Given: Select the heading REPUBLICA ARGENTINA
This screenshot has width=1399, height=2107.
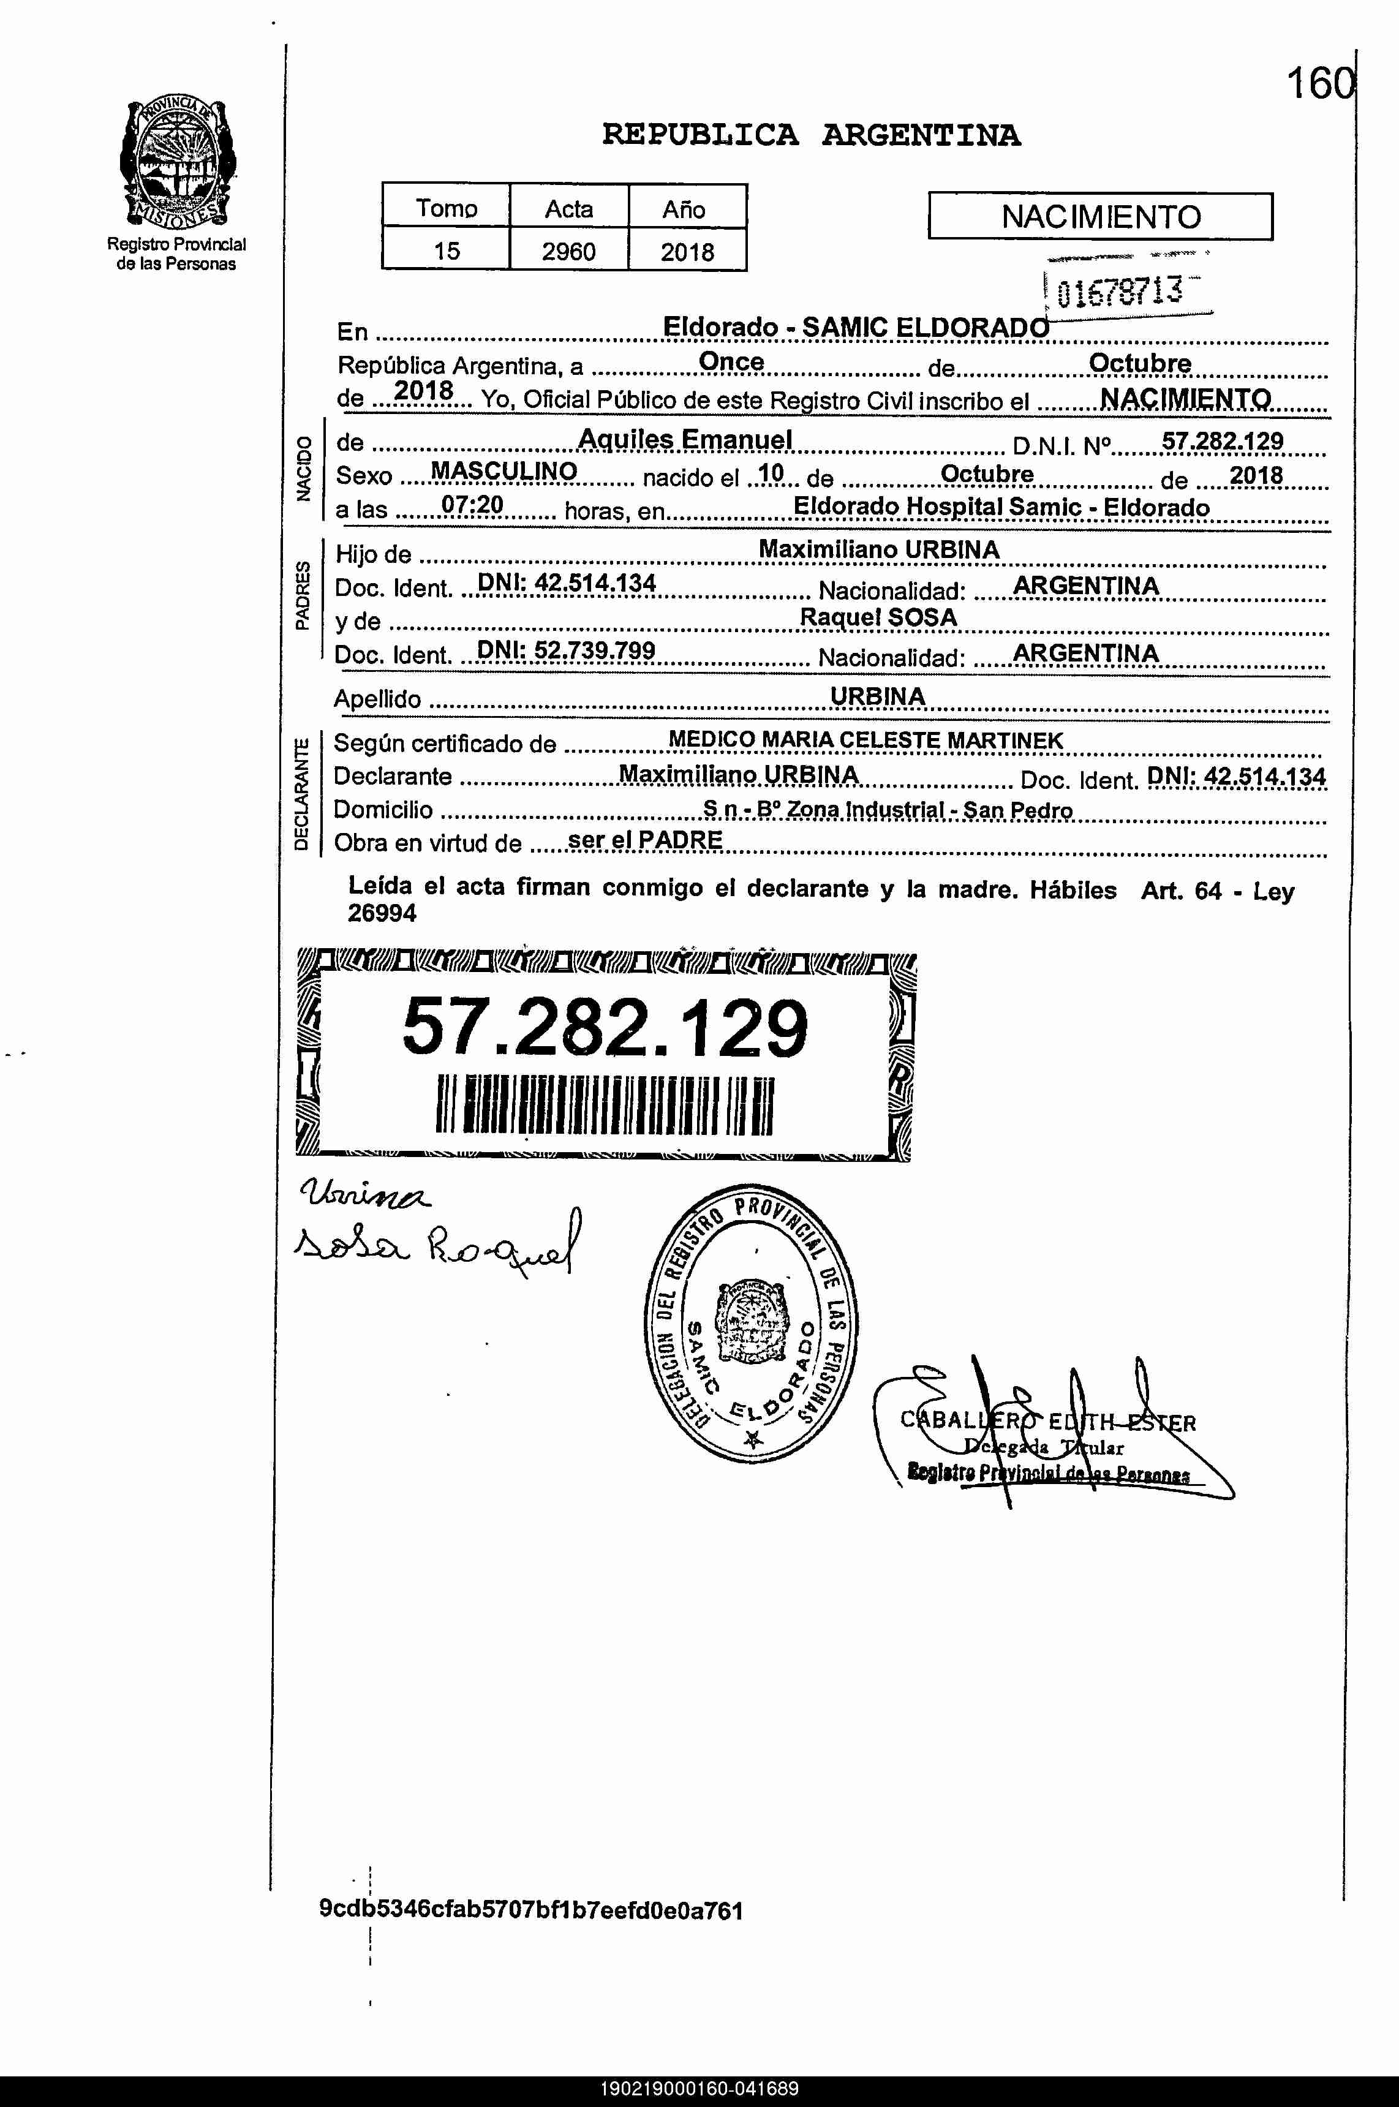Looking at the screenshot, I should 811,135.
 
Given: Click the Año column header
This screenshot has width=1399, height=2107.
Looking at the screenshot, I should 684,209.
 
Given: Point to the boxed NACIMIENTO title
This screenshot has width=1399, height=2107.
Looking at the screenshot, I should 1100,217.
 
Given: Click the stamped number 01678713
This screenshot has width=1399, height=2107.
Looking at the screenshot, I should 1120,292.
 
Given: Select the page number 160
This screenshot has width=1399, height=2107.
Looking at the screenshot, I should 1319,85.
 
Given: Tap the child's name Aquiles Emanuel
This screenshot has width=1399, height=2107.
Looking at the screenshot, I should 685,439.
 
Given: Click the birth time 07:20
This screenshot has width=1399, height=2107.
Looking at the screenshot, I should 472,506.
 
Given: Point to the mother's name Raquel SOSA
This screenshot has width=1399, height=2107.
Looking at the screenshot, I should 878,617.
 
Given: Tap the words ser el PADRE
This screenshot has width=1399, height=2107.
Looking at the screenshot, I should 645,840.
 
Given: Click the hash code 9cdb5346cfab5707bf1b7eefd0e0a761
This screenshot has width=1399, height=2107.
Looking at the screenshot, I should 531,1910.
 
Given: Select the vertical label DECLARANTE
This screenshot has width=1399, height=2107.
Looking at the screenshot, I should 301,793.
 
